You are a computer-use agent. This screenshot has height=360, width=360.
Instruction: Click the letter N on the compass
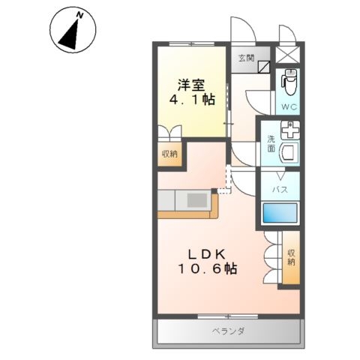pos(80,15)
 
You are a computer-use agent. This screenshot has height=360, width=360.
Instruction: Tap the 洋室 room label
pos(191,85)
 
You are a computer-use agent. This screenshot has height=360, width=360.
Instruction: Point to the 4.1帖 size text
pos(192,100)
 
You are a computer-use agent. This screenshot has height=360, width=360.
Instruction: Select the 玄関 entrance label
pos(246,58)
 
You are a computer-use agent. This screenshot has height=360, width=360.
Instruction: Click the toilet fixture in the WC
pos(289,82)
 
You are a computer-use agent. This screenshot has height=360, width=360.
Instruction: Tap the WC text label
pos(289,107)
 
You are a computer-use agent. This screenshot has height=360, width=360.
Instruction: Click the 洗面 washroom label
pos(271,144)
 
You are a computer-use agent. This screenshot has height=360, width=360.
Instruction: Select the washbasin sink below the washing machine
pos(289,153)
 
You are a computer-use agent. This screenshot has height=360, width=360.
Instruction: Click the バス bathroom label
pos(280,190)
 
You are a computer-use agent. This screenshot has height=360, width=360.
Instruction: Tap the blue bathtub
pos(280,213)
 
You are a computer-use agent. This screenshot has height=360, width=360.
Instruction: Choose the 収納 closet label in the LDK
pos(291,257)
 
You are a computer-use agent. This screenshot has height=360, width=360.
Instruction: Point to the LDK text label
pos(207,254)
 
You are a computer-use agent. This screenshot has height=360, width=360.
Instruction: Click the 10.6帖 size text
pos(208,269)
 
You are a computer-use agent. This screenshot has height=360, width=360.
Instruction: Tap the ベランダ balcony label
pos(228,331)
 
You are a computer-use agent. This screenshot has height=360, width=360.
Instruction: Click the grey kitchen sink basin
pos(197,200)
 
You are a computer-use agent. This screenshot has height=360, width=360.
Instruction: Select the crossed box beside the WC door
pos(288,54)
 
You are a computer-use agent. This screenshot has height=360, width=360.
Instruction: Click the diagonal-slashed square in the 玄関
pos(264,67)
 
